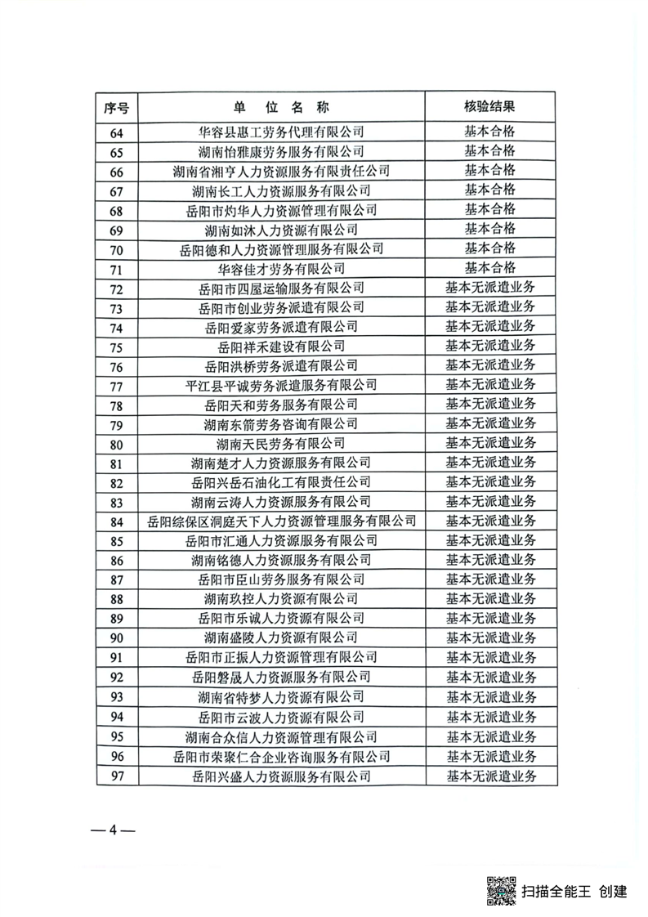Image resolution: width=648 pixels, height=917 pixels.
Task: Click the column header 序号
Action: point(116,107)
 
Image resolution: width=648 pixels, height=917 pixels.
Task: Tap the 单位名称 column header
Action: point(281,107)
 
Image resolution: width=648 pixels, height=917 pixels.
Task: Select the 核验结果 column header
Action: point(489,107)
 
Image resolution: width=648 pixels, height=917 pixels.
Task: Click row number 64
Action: point(116,132)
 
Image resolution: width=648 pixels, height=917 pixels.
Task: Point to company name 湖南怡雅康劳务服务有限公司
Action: point(281,151)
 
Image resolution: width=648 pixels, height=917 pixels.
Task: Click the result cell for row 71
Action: point(489,267)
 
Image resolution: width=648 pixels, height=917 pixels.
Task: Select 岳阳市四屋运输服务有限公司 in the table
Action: point(281,287)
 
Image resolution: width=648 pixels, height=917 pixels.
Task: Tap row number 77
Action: point(116,385)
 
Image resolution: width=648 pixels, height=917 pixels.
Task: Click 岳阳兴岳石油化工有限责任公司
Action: point(281,482)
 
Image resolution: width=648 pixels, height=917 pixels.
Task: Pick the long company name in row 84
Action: point(281,521)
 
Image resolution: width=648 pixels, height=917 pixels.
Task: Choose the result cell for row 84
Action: point(489,521)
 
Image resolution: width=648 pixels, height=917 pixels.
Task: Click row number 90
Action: point(116,637)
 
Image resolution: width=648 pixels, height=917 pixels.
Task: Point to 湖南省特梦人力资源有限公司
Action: point(281,696)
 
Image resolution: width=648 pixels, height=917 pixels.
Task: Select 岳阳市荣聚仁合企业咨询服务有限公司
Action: point(281,755)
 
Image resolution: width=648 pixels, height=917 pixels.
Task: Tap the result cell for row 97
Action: point(489,775)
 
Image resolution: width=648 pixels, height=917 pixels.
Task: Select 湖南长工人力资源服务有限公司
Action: point(281,190)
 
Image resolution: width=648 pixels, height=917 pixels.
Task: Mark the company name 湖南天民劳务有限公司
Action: point(281,443)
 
